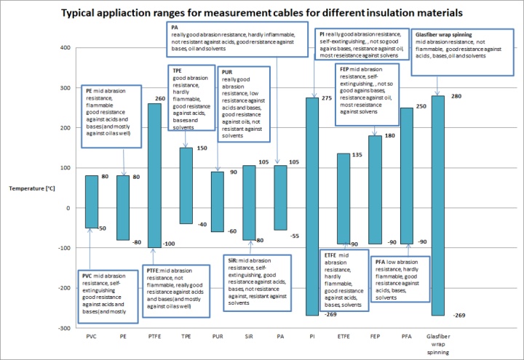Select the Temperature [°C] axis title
tap(32, 188)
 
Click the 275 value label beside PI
tap(327, 97)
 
